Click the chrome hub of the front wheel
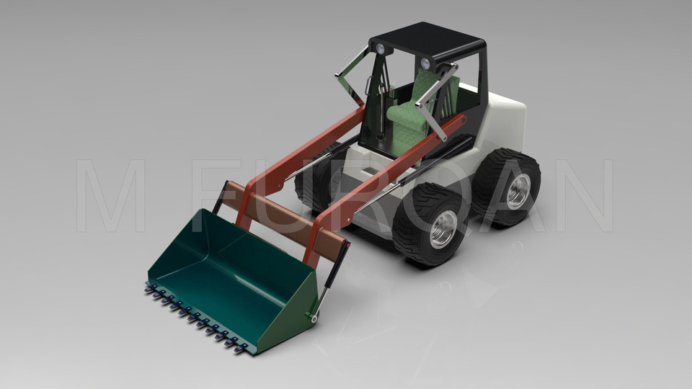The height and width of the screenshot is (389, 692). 443,229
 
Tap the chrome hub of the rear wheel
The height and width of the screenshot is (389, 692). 518,192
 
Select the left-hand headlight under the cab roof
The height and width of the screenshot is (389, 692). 380,49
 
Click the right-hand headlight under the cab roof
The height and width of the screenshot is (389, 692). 425,64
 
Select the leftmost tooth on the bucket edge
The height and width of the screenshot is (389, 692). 150,288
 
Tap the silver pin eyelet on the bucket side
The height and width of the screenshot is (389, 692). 314,316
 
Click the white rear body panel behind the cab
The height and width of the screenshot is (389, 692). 505,126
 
